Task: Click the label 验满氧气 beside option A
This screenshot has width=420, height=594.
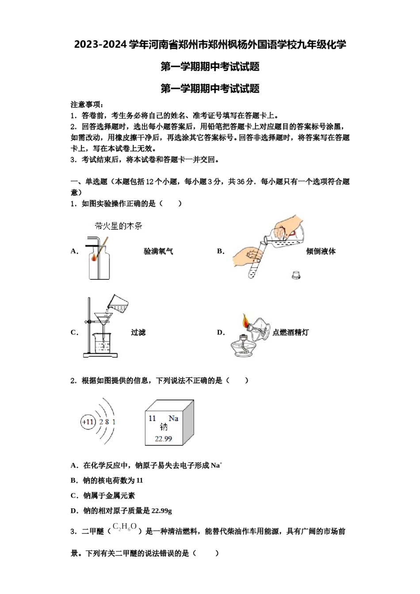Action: [158, 251]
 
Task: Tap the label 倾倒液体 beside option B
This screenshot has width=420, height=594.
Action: [321, 251]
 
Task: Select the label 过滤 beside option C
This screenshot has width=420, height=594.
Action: [138, 332]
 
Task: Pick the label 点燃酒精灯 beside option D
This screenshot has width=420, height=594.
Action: [290, 332]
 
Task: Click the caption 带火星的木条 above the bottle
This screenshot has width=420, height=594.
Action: [118, 226]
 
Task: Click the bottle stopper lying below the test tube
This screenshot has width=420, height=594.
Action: [296, 274]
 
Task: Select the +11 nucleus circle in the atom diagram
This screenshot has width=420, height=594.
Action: [88, 422]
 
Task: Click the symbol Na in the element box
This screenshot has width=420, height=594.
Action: [173, 418]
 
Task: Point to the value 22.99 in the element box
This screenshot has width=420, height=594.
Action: [163, 438]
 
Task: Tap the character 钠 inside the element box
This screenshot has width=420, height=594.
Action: [164, 427]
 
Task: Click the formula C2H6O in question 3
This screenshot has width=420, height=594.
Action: [125, 527]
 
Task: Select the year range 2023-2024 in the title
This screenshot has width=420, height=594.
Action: [100, 45]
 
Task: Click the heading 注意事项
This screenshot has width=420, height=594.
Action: [87, 105]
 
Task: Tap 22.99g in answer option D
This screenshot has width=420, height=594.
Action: [162, 511]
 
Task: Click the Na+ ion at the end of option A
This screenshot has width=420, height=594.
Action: [216, 465]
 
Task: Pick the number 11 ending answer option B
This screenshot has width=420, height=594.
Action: [140, 480]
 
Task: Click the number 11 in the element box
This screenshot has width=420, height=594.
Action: [152, 418]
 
